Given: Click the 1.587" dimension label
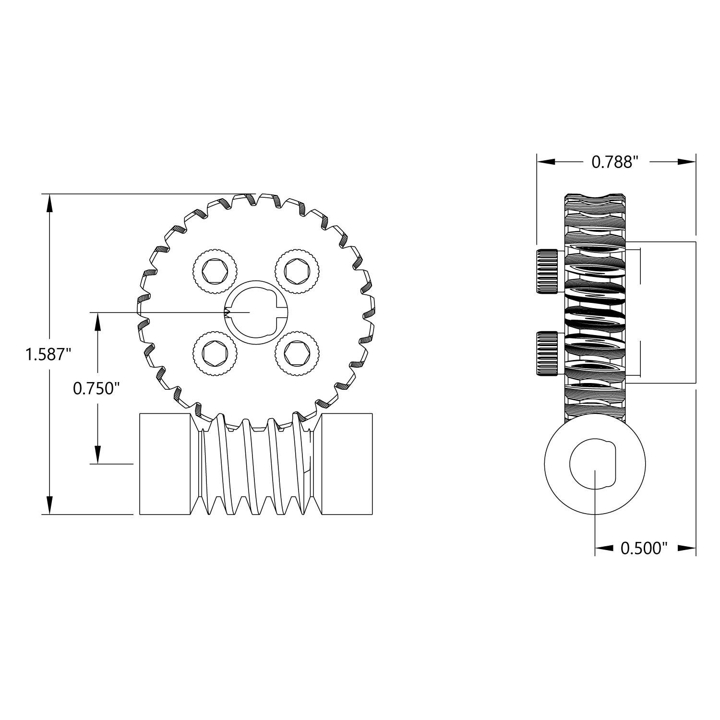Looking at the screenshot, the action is pyautogui.click(x=48, y=355).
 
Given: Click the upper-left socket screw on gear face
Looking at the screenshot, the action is pyautogui.click(x=215, y=272).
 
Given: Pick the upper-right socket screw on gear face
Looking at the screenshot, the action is pyautogui.click(x=297, y=272).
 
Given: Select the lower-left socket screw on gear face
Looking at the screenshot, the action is pyautogui.click(x=215, y=354).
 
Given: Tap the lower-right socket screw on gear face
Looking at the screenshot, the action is pyautogui.click(x=297, y=354).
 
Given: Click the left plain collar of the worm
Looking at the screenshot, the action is pyautogui.click(x=164, y=464).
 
